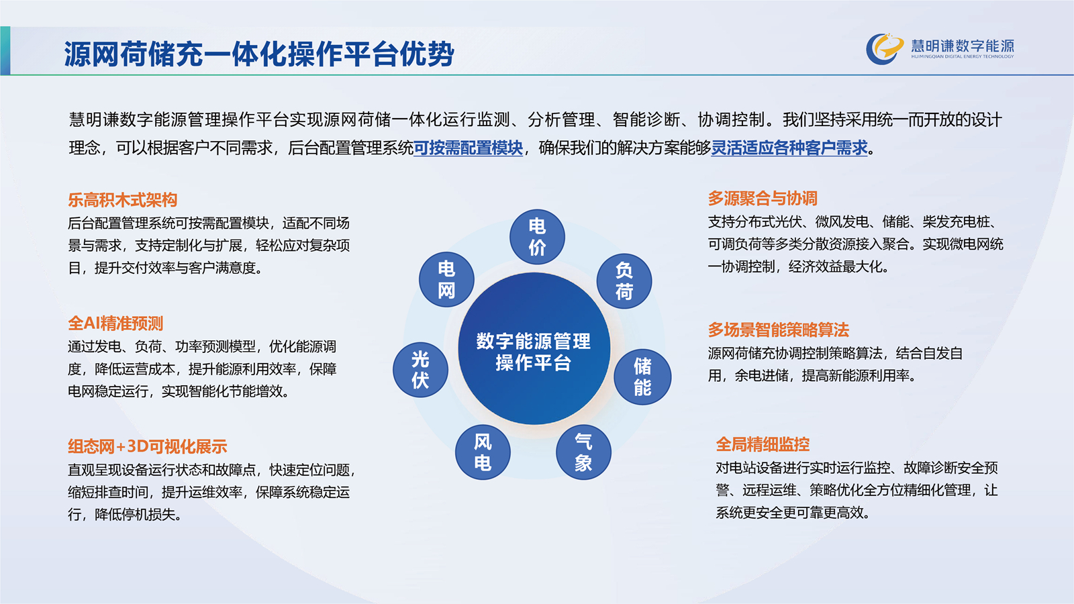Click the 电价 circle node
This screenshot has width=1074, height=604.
pos(537,237)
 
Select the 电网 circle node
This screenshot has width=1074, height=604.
pos(446,279)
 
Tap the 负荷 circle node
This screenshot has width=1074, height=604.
pos(624,281)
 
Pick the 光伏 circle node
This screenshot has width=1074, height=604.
pos(420,370)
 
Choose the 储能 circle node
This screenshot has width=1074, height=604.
pos(642,376)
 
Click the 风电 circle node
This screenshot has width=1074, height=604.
pos(483,452)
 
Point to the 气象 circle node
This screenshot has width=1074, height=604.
pos(583,452)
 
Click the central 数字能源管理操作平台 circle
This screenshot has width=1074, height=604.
pos(534,348)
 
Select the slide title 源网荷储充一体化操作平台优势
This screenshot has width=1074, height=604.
pos(259,54)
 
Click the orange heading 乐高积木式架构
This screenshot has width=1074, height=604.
pos(123,200)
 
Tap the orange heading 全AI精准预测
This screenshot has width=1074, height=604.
pos(115,323)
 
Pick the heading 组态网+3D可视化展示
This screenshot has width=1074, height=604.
pos(147,447)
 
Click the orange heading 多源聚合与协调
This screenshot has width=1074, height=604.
pos(763,198)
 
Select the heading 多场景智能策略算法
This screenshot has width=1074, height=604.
pos(778,330)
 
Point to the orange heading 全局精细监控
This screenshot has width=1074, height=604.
pos(763,444)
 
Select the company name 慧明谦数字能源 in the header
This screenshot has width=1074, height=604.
pos(963,46)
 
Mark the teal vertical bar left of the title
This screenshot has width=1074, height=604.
pos(5,51)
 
